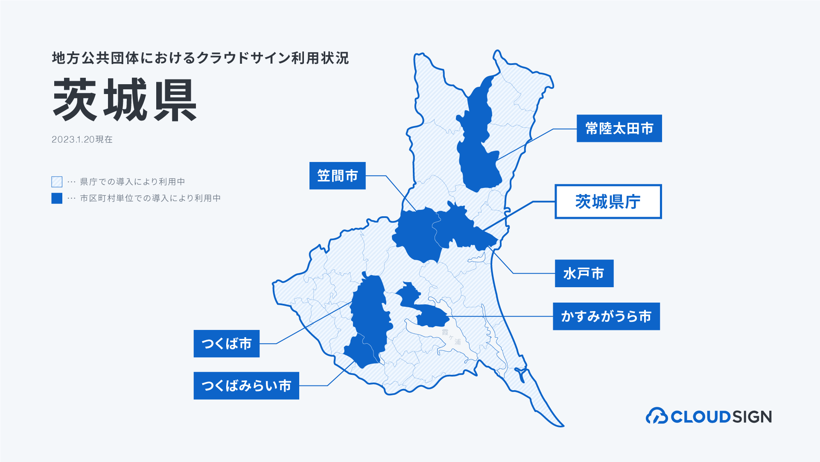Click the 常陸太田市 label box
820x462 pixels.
[x=619, y=128]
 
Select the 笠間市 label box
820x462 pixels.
[x=337, y=176]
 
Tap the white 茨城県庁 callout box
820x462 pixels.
[x=608, y=202]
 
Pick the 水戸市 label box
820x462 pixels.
[x=584, y=274]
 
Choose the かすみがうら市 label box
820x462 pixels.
[x=606, y=316]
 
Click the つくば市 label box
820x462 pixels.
[x=226, y=344]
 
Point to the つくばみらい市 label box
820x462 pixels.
[x=246, y=385]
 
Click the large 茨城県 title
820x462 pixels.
[x=125, y=100]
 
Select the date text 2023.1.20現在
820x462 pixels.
[x=82, y=139]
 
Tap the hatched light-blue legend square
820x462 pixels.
[x=57, y=182]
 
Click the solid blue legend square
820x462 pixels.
[x=57, y=198]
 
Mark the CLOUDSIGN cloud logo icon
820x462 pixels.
[x=657, y=416]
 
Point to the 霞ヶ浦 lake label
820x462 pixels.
[x=451, y=337]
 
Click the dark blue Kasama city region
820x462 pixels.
[x=416, y=235]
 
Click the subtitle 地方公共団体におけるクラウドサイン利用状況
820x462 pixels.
[x=201, y=58]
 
